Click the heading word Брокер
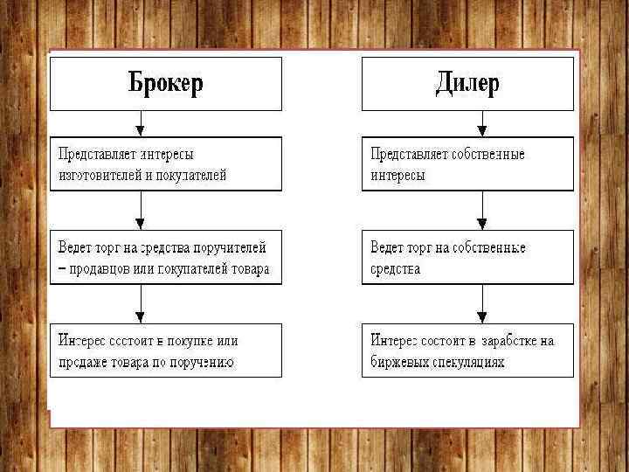[165, 83]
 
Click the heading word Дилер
[467, 83]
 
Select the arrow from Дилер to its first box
[481, 123]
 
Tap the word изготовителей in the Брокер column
[98, 175]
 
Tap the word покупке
[186, 341]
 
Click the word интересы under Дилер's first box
[397, 175]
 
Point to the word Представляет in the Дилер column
[407, 154]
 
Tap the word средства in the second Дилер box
[396, 269]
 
